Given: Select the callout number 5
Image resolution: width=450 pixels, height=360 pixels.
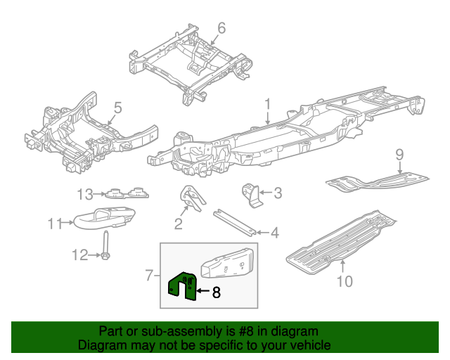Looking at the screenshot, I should pyautogui.click(x=118, y=108).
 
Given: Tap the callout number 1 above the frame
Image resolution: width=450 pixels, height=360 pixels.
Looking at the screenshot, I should pyautogui.click(x=267, y=104).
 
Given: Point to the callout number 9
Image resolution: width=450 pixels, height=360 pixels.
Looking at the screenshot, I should pyautogui.click(x=399, y=154).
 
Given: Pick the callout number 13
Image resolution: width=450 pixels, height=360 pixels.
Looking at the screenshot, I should pyautogui.click(x=85, y=194).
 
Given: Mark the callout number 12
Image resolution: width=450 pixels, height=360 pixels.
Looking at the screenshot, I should pyautogui.click(x=80, y=255).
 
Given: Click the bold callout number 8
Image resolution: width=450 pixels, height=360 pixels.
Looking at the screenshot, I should pyautogui.click(x=216, y=292).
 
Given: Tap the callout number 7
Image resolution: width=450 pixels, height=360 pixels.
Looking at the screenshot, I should pyautogui.click(x=149, y=276).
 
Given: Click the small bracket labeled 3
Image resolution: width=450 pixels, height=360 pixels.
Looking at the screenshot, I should pyautogui.click(x=251, y=194).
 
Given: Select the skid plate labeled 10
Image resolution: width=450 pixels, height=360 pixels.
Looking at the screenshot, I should pyautogui.click(x=337, y=238).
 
